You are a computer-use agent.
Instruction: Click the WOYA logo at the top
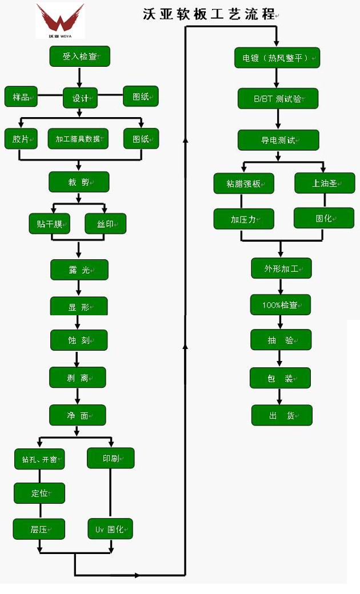click(60, 21)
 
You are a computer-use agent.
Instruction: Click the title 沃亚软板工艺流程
click(210, 15)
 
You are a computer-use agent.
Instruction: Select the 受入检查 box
click(79, 57)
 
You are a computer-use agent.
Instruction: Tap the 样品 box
click(21, 97)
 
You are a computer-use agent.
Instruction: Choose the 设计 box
click(80, 98)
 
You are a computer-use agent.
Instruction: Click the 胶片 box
click(21, 139)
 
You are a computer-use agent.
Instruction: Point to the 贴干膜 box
click(50, 223)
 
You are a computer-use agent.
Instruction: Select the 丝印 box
click(105, 223)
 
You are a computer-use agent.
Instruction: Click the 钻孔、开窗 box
click(39, 459)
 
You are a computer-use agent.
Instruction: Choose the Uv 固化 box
click(110, 528)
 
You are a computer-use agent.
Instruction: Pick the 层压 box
click(39, 529)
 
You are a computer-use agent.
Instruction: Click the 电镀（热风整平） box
click(277, 58)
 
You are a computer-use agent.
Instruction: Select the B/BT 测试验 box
click(278, 98)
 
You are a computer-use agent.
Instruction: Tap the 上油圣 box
click(325, 183)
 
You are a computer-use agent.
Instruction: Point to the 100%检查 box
click(281, 305)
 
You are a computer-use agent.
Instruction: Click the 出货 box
click(282, 415)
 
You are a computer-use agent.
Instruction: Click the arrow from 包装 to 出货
click(280, 396)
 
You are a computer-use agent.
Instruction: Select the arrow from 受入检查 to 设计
click(79, 77)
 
